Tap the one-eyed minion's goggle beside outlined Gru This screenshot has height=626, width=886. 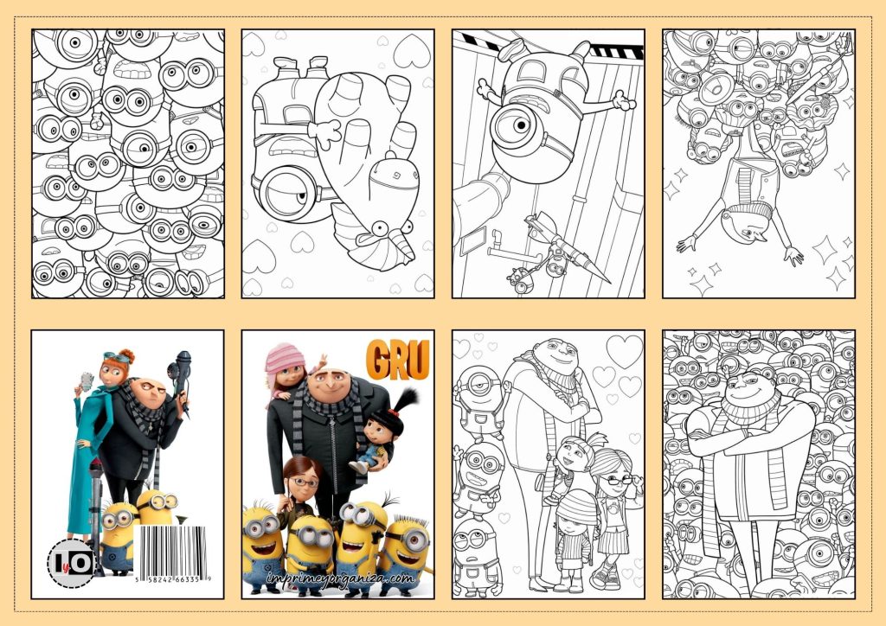(477, 381)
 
